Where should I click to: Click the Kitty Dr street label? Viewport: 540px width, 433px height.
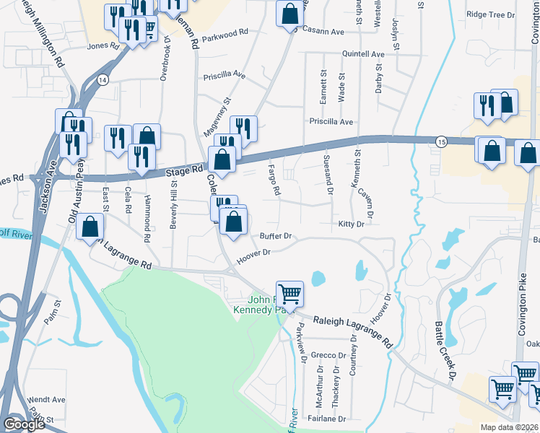(x=352, y=224)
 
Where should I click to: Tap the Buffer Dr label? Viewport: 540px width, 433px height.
(x=275, y=236)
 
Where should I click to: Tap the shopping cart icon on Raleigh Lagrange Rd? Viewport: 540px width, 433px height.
(x=289, y=293)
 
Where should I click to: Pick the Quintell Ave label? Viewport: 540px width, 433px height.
(x=363, y=54)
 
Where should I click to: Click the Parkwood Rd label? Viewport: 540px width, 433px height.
(x=225, y=33)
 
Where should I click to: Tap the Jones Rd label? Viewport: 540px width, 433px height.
(x=102, y=45)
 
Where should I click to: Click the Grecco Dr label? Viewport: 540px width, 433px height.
(x=329, y=355)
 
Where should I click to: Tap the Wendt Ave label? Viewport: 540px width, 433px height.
(x=46, y=399)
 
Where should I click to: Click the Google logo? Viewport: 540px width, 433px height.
(x=25, y=424)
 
